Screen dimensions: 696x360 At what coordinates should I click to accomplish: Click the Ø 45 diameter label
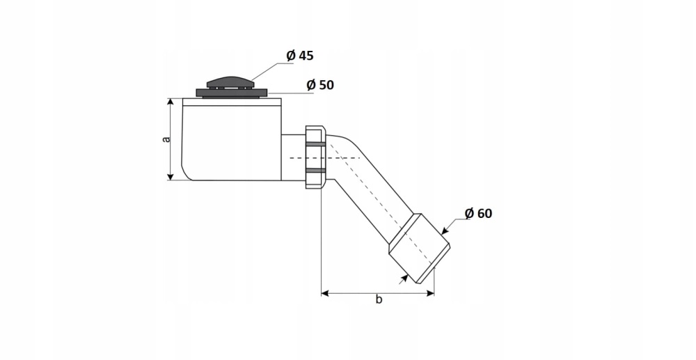click(300, 56)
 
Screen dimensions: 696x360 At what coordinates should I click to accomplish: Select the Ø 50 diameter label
click(320, 85)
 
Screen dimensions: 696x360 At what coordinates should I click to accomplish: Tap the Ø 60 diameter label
click(479, 213)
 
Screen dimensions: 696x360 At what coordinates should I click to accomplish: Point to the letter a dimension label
click(166, 139)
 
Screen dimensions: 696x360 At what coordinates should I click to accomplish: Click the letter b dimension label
click(379, 299)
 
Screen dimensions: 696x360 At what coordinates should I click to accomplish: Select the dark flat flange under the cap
click(232, 93)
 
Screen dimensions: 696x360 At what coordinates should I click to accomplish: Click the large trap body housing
click(231, 139)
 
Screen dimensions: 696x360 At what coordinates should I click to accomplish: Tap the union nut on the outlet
click(316, 157)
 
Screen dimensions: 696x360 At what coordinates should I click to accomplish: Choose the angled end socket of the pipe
click(420, 248)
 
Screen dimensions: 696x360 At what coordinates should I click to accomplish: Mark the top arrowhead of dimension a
click(170, 102)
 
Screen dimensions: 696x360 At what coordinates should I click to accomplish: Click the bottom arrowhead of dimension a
click(170, 176)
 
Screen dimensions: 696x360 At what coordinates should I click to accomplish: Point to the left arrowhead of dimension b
click(325, 293)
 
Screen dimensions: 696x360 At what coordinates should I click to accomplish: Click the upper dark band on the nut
click(316, 143)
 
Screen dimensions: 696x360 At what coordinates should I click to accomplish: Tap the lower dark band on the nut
click(316, 170)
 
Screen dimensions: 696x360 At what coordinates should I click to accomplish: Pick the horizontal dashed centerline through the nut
click(325, 158)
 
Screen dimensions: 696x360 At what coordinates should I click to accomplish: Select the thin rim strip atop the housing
click(232, 102)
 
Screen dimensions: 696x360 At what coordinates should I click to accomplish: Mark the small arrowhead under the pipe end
click(404, 279)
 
